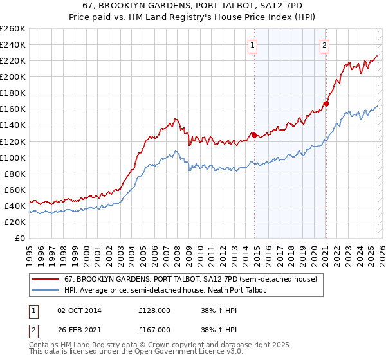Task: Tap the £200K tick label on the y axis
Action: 13,76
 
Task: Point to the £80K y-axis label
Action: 15,174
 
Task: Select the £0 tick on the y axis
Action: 21,238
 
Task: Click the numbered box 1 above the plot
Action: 252,45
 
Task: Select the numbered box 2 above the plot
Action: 325,45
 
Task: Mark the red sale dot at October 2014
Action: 254,134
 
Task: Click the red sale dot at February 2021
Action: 327,103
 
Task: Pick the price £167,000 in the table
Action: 154,330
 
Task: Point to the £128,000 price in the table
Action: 154,310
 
